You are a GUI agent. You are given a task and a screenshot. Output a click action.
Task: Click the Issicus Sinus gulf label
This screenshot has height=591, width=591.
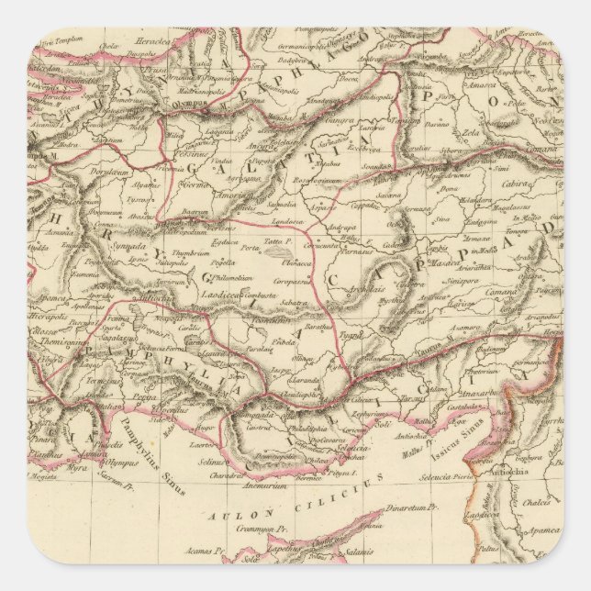click(x=473, y=425)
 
